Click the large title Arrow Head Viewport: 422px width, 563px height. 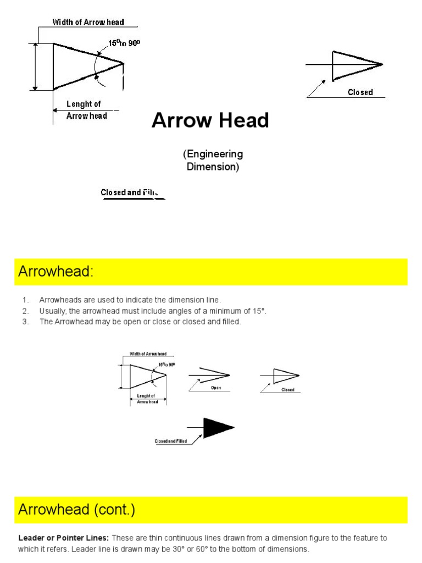tap(210, 120)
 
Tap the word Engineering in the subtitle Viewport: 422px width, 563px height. tap(213, 154)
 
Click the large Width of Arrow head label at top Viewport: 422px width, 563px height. tap(88, 23)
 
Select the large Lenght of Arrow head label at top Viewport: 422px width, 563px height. tap(86, 110)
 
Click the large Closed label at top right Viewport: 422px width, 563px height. tap(360, 92)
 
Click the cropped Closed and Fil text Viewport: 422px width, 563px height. tap(130, 193)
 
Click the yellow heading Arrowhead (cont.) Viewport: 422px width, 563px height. tap(76, 510)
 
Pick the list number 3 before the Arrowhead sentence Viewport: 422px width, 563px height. tap(25, 322)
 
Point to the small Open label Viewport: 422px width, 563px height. tap(215, 388)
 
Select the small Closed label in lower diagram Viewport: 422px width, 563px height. tap(288, 390)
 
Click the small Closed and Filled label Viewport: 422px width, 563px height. tap(170, 441)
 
